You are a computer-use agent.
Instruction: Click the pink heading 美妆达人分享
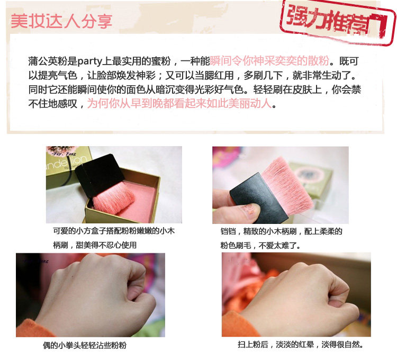(x=61, y=21)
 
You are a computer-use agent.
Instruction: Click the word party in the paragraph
(x=89, y=61)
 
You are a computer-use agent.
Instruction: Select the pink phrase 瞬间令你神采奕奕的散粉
(x=269, y=61)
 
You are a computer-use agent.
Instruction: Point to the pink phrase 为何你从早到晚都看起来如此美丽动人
(x=179, y=103)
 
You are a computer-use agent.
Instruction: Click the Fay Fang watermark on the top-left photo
(x=64, y=154)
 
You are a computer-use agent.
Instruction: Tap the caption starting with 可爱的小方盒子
(x=114, y=238)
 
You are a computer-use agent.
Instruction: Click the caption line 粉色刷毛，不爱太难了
(x=260, y=245)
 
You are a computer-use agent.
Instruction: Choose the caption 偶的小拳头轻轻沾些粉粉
(x=85, y=345)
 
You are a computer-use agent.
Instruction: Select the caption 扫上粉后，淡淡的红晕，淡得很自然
(x=300, y=344)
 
